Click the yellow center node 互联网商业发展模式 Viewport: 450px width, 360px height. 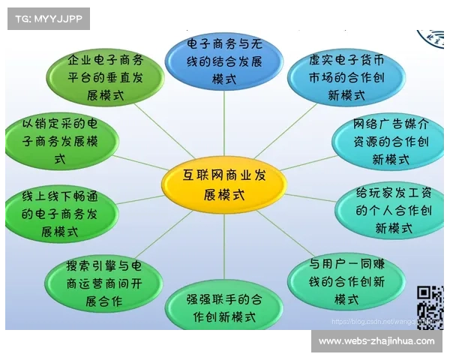223,184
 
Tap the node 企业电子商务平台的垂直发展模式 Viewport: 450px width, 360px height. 105,78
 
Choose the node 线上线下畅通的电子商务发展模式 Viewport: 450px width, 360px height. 61,214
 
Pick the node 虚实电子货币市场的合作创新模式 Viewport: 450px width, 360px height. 346,78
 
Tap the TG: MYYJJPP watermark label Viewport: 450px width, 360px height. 48,18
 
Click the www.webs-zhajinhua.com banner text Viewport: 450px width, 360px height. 376,341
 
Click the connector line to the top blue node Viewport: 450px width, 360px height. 224,124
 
